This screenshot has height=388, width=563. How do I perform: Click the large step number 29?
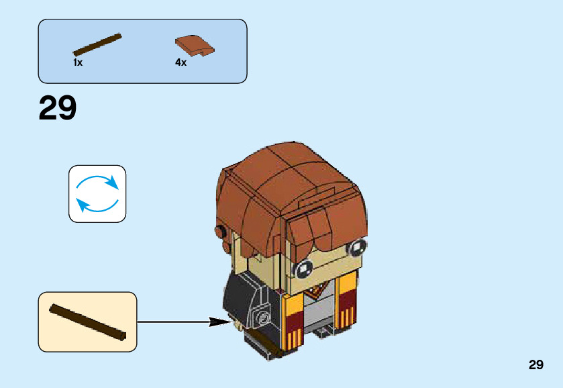[58, 109]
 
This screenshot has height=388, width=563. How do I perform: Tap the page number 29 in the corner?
[535, 365]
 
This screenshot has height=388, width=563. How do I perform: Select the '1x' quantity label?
[78, 62]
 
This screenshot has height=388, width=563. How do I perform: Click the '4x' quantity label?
[181, 62]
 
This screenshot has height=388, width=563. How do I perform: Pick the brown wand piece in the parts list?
[97, 44]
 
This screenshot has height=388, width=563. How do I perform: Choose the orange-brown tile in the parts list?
[195, 45]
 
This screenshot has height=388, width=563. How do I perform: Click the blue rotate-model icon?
[97, 193]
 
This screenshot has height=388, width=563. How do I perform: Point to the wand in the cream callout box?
[87, 322]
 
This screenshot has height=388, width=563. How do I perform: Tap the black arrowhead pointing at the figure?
[221, 322]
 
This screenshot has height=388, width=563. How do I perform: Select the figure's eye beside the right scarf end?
[354, 249]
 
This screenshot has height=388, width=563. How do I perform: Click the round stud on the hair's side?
[220, 232]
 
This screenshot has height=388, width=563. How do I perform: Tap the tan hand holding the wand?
[238, 325]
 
